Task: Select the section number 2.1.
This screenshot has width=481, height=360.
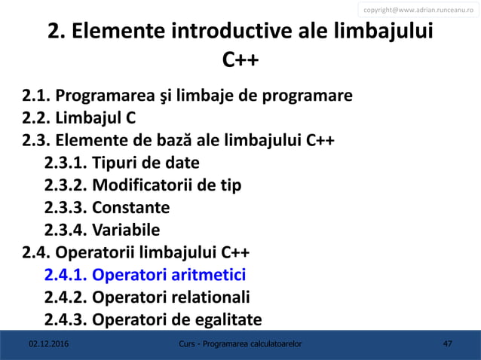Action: pyautogui.click(x=35, y=97)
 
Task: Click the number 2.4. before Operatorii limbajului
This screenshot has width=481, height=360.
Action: pyautogui.click(x=35, y=252)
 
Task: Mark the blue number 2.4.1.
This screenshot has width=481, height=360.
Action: pyautogui.click(x=66, y=274)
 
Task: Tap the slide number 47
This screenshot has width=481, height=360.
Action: pyautogui.click(x=448, y=344)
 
